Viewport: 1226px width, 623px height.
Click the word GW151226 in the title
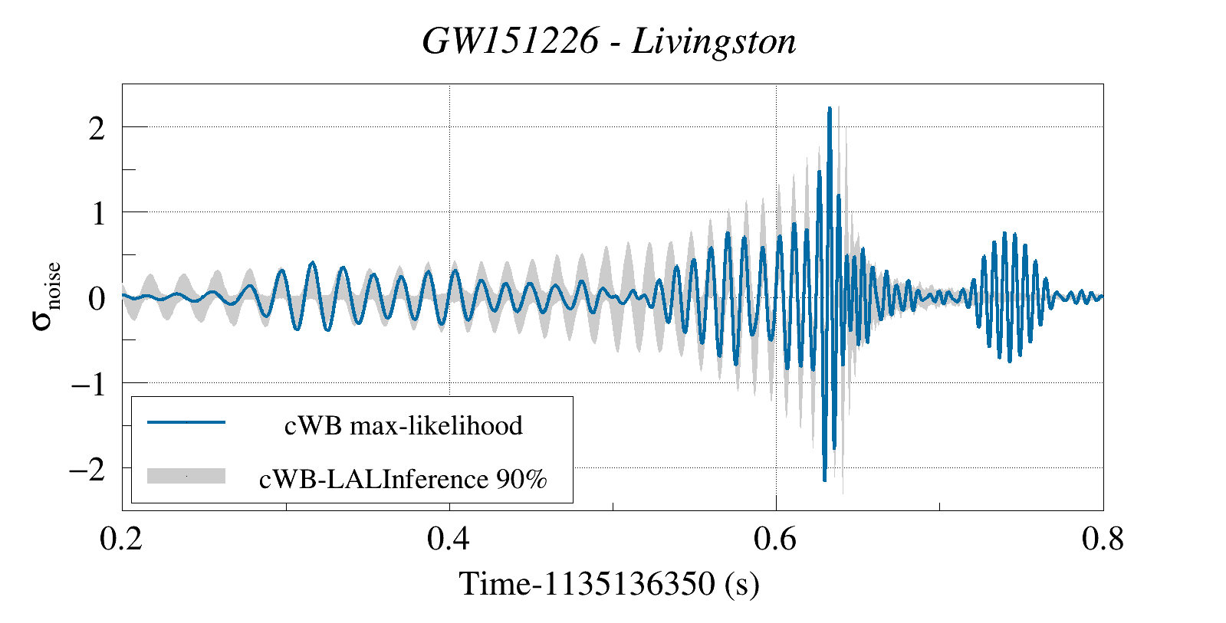510,41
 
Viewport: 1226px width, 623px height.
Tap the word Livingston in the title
714,41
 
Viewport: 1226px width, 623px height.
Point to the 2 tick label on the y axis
97,128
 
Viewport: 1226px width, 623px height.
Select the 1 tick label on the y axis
97,213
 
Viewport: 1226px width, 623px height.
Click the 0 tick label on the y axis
97,298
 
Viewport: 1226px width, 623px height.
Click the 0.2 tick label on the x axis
121,539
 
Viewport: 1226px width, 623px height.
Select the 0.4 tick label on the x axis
449,539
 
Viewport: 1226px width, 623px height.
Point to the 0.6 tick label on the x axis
775,539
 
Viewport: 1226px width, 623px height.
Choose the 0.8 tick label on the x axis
1103,539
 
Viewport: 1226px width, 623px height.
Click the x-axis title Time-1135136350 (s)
609,584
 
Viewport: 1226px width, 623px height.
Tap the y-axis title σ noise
46,297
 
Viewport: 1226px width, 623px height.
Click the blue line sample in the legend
186,422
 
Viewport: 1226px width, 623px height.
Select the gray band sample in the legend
186,476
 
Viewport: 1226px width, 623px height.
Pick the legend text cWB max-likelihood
403,425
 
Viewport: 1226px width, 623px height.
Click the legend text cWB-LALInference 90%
403,479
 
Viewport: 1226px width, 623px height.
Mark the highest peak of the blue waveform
830,109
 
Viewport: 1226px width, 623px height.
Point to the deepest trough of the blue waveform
824,480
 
